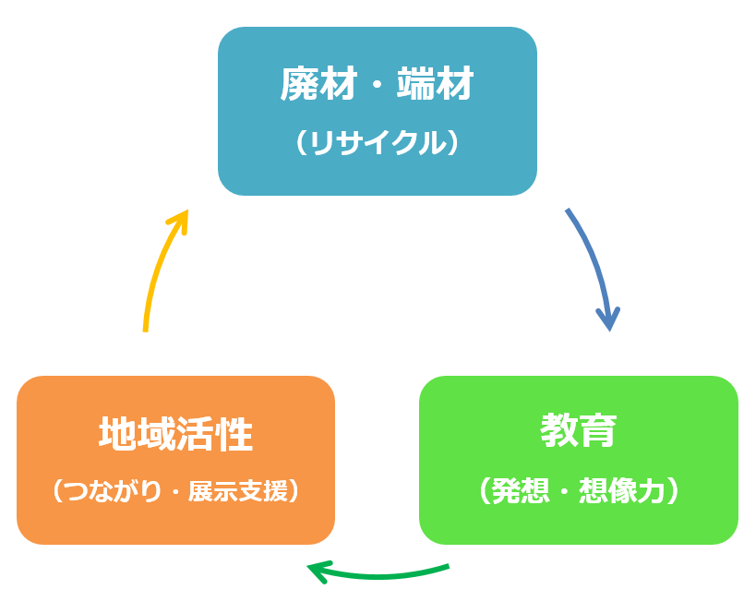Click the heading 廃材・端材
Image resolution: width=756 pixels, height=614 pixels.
pyautogui.click(x=377, y=86)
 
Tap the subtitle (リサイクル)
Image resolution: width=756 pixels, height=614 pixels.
pyautogui.click(x=377, y=144)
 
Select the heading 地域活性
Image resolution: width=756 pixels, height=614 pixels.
pyautogui.click(x=175, y=434)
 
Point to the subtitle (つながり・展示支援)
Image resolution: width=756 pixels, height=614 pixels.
pyautogui.click(x=175, y=490)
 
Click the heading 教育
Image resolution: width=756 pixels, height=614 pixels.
pyautogui.click(x=578, y=430)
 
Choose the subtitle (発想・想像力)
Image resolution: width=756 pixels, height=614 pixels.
pyautogui.click(x=578, y=490)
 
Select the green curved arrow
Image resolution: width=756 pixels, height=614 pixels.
pyautogui.click(x=388, y=575)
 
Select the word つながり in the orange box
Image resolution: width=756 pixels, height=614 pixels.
pyautogui.click(x=108, y=490)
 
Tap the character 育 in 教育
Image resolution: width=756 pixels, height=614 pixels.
pyautogui.click(x=597, y=430)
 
